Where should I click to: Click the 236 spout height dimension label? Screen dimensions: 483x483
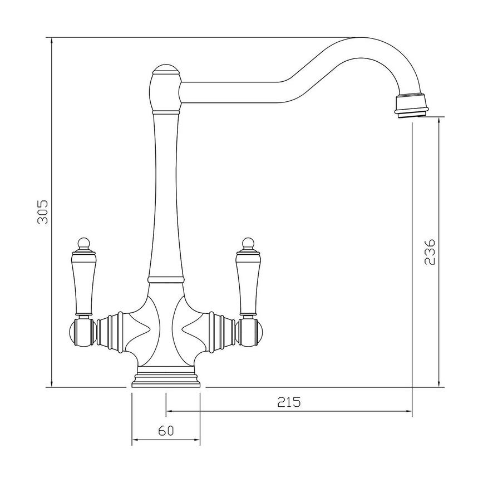coord(428,252)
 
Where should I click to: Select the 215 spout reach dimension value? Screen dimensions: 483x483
coord(289,402)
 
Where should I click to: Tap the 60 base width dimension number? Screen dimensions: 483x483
coord(166,431)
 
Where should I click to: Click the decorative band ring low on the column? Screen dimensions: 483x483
coord(166,277)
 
